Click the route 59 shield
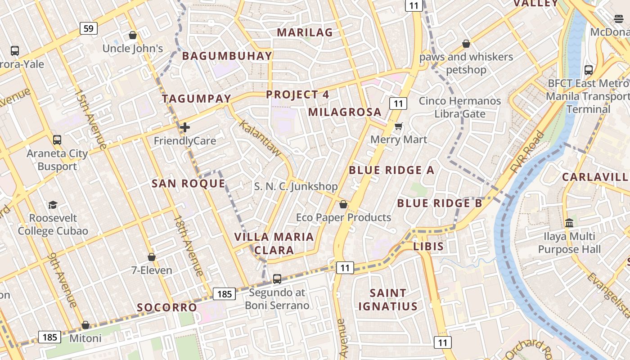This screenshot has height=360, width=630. (x=89, y=29)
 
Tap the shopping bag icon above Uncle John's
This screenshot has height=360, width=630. (x=133, y=35)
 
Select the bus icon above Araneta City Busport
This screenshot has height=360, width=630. (x=57, y=140)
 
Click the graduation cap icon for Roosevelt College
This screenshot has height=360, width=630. (x=53, y=205)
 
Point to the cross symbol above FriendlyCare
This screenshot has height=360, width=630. (x=185, y=128)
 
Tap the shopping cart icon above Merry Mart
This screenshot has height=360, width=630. (x=398, y=126)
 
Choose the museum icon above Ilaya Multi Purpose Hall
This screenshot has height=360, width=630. (x=569, y=223)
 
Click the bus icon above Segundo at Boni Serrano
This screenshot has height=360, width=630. (x=277, y=279)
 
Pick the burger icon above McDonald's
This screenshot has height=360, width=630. (x=619, y=19)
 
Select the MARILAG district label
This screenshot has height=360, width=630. (x=305, y=32)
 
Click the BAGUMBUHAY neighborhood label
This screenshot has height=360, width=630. (x=227, y=56)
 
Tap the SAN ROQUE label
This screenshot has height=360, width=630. (x=188, y=184)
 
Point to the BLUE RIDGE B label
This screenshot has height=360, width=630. (x=439, y=203)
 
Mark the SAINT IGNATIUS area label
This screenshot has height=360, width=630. (x=387, y=300)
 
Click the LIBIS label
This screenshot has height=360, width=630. (x=428, y=247)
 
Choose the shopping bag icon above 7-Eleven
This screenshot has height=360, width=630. (x=152, y=257)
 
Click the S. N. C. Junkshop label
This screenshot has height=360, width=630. (x=296, y=186)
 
